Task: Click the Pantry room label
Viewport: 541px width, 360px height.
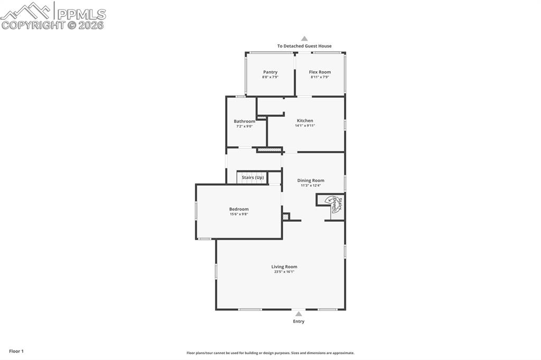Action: point(270,72)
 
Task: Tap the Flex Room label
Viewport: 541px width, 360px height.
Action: point(320,72)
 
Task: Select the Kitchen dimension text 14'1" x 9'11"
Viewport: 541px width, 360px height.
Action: point(305,126)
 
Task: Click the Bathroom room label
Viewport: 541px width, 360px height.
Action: point(244,121)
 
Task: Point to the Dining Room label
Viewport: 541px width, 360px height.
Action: point(311,181)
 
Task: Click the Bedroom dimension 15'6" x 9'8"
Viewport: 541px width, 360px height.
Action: point(239,214)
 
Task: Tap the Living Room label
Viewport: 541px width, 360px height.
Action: point(284,267)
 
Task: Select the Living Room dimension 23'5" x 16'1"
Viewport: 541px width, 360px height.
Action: point(284,272)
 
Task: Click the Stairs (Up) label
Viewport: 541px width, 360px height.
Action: point(253,177)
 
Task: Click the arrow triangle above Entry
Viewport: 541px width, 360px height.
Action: point(299,314)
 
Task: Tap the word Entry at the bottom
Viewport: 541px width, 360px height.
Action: point(299,321)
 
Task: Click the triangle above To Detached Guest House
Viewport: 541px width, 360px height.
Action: point(304,39)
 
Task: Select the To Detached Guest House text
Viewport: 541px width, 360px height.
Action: point(304,46)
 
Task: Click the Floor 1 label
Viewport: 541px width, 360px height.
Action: point(16,351)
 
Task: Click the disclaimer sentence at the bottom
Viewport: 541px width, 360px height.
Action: point(270,353)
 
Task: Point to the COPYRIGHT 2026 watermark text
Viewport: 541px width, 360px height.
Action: point(53,25)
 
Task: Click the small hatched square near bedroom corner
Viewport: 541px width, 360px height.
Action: point(286,216)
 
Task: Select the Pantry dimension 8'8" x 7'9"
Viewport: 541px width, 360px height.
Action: point(270,77)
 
